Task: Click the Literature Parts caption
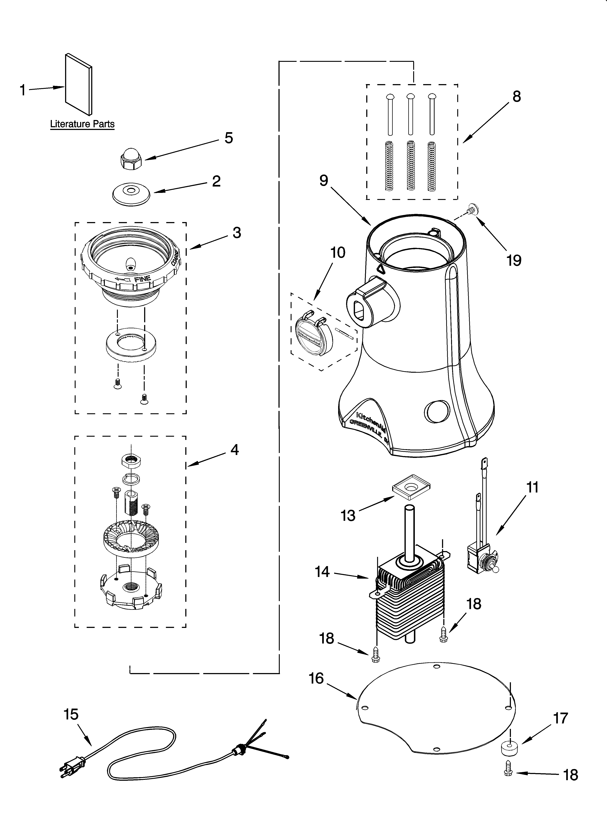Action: (82, 124)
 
